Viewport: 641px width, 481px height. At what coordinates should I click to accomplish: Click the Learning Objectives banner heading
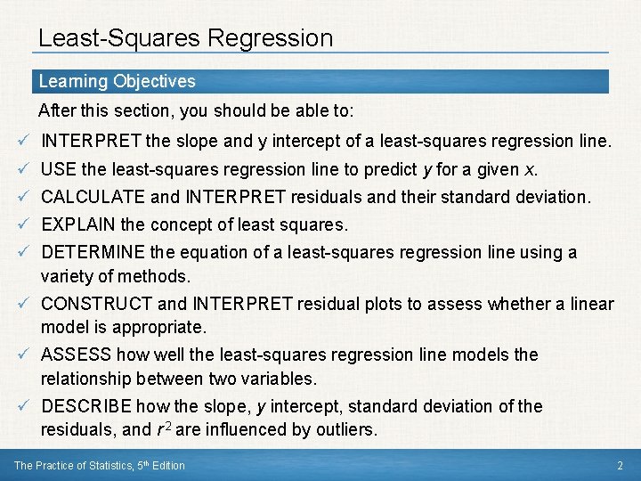pos(117,82)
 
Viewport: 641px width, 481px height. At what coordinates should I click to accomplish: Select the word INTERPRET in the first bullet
pos(91,141)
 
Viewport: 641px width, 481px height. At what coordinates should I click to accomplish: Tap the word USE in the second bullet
pos(59,169)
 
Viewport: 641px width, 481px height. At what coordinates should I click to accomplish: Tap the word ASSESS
pos(76,355)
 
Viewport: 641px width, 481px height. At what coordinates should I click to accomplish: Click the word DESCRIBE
pos(86,406)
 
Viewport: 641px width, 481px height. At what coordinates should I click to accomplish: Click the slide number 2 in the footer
pos(620,465)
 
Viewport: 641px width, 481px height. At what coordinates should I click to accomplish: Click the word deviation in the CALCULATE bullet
pos(553,197)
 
